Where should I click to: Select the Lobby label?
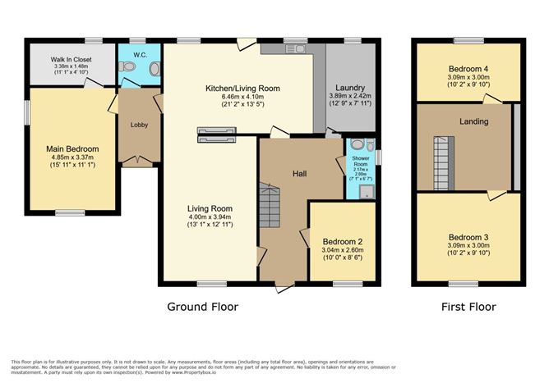(x=137, y=125)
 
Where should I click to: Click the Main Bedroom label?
(x=72, y=139)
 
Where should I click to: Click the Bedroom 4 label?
(x=468, y=67)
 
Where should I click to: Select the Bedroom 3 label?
(x=468, y=237)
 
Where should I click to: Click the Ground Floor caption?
(x=202, y=307)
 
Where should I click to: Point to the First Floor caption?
(x=468, y=307)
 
